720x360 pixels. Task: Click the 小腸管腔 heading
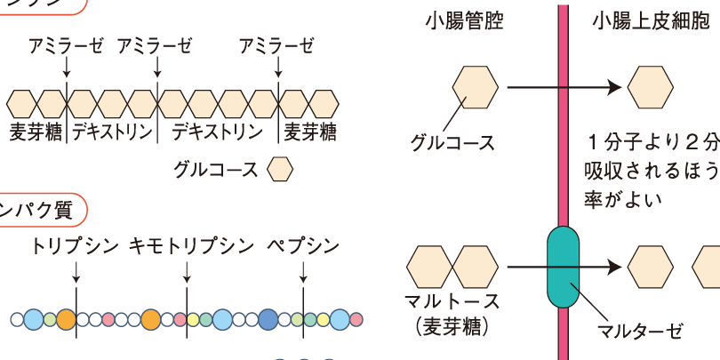464,20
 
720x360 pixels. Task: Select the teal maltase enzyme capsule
562,265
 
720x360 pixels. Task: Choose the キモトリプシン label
184,246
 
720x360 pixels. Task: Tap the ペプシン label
302,246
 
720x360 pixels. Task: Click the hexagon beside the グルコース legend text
280,168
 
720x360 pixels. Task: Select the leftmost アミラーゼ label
66,46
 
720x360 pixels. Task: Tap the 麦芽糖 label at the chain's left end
36,132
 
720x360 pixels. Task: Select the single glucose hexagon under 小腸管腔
476,87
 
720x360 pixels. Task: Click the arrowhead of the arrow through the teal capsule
613,266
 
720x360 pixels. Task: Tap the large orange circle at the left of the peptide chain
65,318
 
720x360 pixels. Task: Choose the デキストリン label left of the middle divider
112,132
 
